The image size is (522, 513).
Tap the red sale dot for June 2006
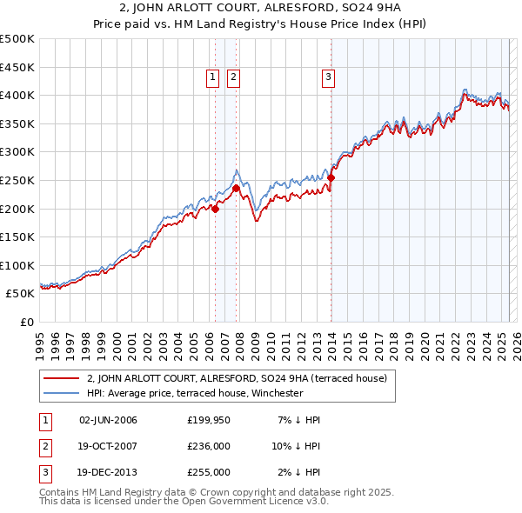click(215, 209)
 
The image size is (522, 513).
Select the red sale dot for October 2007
click(236, 188)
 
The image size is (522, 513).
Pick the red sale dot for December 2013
click(331, 177)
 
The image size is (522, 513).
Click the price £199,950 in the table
click(209, 420)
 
